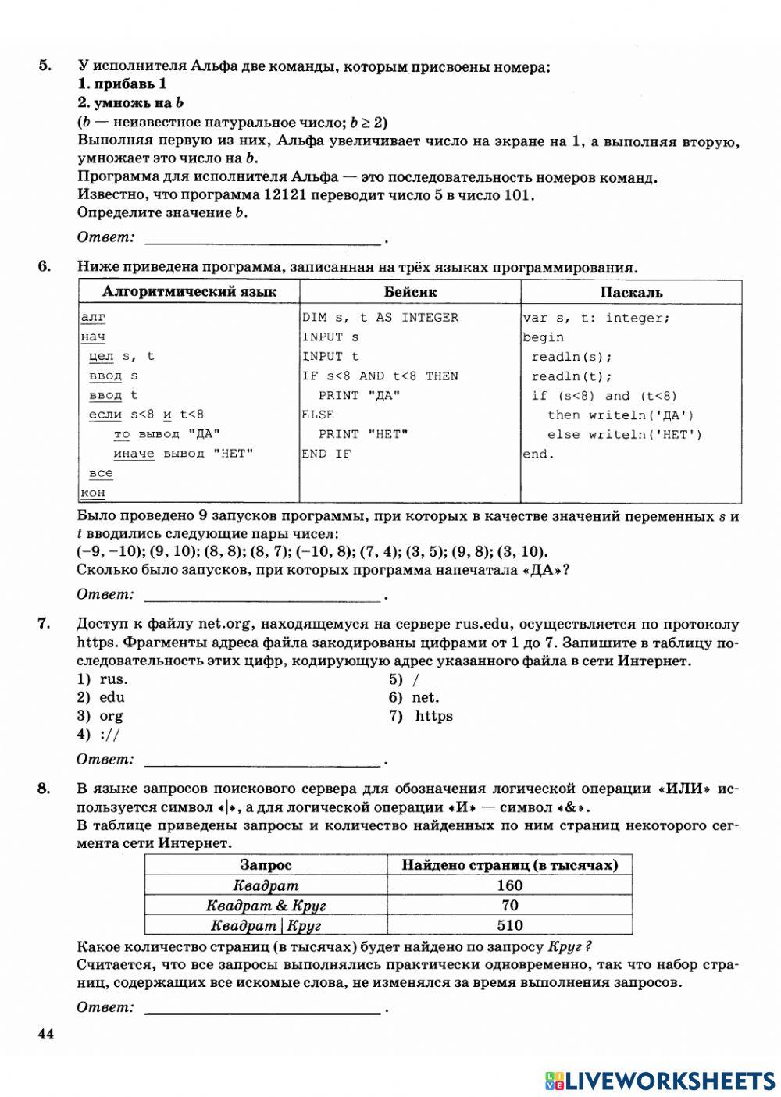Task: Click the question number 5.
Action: tap(45, 66)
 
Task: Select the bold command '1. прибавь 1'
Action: tap(122, 84)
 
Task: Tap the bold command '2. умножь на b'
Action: tap(130, 102)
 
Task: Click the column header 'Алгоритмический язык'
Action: tap(189, 292)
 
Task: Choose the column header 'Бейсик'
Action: tap(410, 292)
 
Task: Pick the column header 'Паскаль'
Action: tap(631, 292)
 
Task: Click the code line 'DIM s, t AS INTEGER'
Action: tap(380, 317)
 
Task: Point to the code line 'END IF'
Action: tap(326, 454)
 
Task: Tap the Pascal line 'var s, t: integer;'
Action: tap(596, 317)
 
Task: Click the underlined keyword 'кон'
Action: tap(93, 493)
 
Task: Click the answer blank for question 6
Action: tap(262, 597)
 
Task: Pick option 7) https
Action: tap(422, 716)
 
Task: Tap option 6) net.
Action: tap(415, 697)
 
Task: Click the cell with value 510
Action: tap(509, 925)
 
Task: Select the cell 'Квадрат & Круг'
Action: tap(266, 906)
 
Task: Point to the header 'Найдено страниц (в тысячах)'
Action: tap(509, 865)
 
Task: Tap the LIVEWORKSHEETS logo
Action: tap(660, 1080)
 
